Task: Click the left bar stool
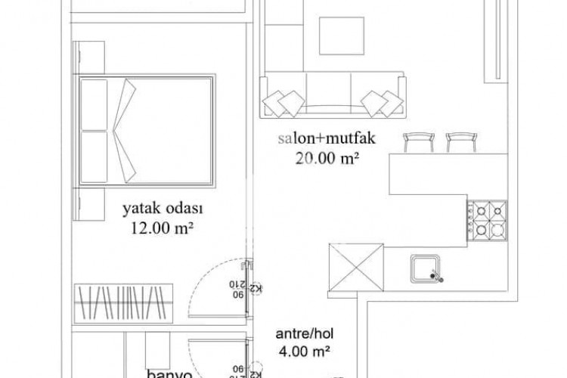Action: (417, 141)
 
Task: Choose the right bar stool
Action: (460, 141)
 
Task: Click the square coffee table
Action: (339, 35)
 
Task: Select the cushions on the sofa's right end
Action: (381, 101)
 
